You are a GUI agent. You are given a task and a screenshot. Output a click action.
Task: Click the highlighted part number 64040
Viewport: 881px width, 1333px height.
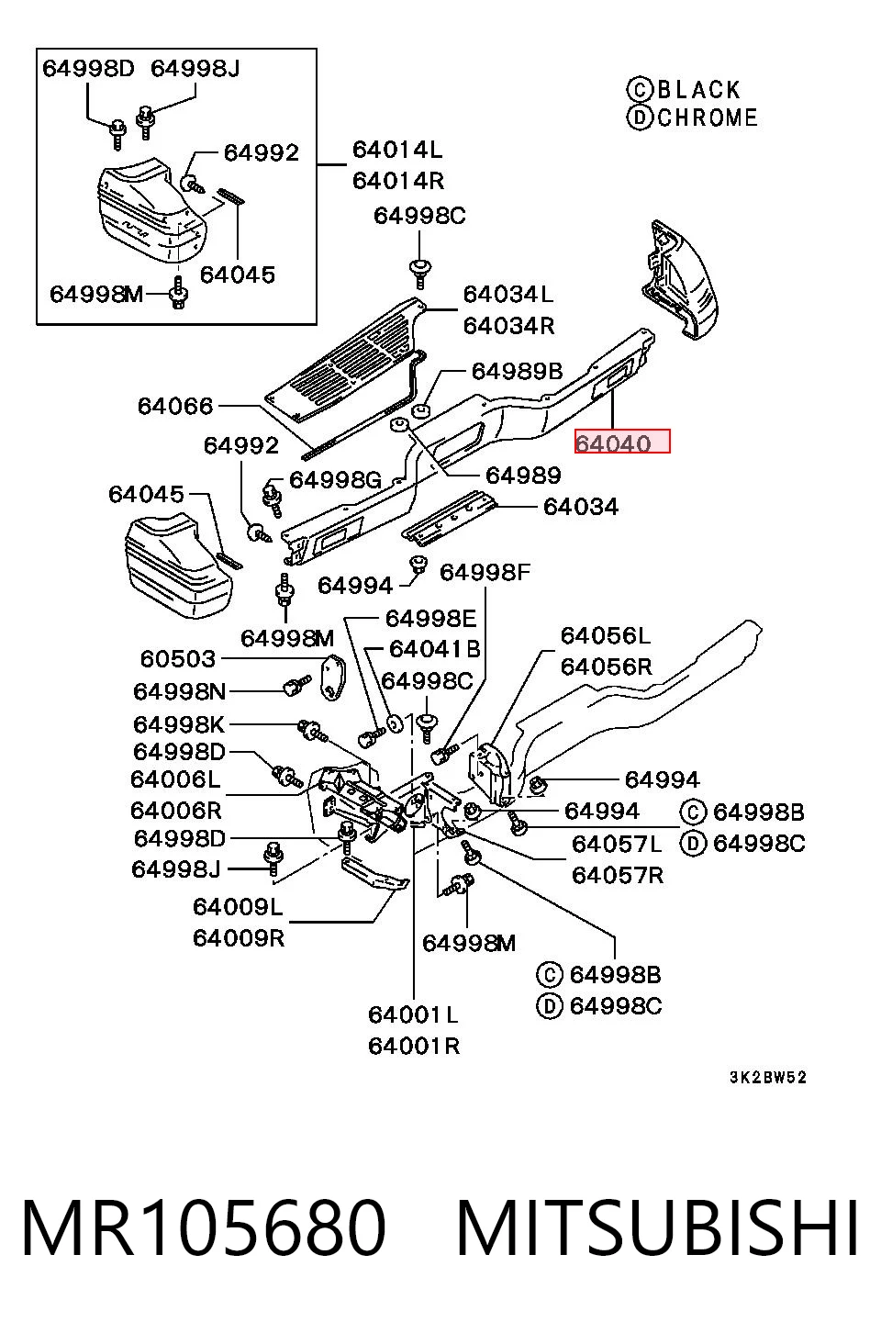(x=613, y=443)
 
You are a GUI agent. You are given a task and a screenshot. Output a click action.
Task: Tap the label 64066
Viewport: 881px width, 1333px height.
(x=175, y=406)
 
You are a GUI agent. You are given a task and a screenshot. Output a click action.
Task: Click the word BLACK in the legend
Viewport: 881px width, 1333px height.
(x=699, y=90)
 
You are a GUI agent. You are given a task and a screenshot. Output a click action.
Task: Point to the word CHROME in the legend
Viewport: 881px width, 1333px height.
(x=708, y=118)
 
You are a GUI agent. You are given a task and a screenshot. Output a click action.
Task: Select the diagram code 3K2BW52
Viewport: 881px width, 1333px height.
(x=768, y=1077)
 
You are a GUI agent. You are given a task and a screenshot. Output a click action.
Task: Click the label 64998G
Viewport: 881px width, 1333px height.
(x=335, y=479)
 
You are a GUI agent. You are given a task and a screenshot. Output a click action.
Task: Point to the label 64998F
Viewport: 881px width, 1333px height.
(x=485, y=572)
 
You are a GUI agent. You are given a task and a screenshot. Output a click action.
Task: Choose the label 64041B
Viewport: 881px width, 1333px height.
(x=434, y=649)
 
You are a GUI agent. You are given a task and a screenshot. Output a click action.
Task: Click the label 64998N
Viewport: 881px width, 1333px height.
(x=180, y=691)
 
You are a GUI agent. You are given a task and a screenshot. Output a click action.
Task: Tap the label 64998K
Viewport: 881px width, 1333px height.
(x=179, y=725)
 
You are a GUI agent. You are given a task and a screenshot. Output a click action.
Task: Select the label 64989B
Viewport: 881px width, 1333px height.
(x=517, y=371)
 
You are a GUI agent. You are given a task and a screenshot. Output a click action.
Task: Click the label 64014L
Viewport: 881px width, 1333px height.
(x=397, y=150)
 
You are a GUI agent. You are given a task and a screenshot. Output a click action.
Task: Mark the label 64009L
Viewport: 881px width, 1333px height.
(x=238, y=907)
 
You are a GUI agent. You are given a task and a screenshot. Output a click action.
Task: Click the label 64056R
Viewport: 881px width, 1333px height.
(x=607, y=666)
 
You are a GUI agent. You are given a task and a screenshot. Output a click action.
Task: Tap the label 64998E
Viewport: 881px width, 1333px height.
(x=430, y=618)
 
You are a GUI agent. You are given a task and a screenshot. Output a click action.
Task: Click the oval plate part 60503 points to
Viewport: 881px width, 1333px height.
(x=332, y=675)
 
